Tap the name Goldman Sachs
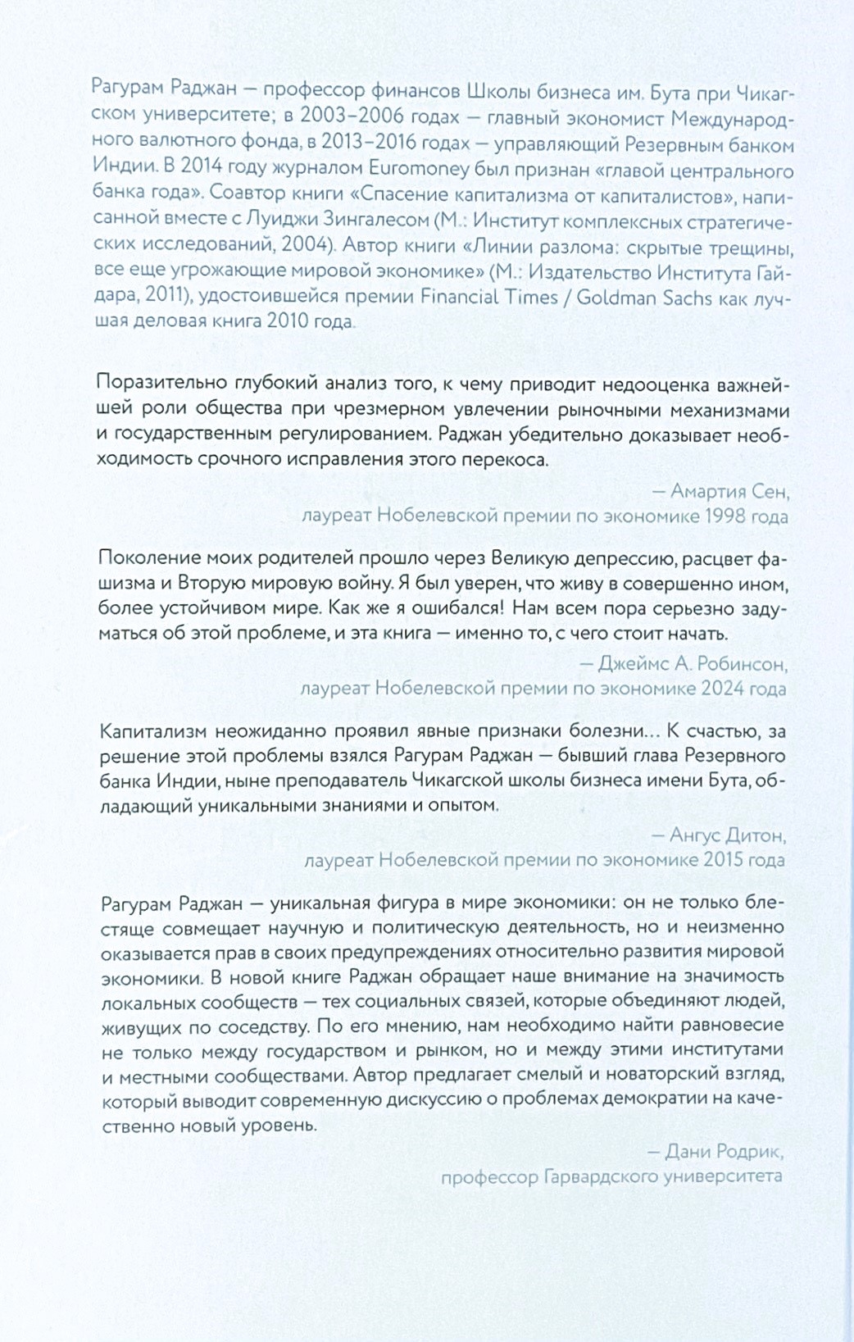coord(644,297)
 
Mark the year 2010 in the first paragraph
coord(287,321)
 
